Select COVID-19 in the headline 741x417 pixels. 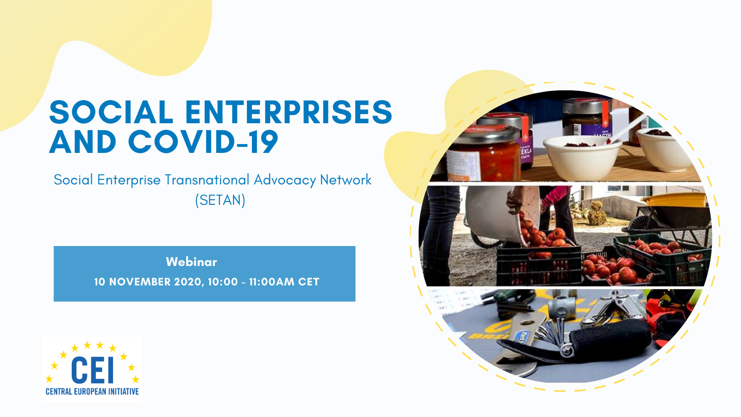(203, 142)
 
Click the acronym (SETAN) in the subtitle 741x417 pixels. (220, 200)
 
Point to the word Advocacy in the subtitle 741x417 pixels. (285, 180)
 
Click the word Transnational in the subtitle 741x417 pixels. (207, 180)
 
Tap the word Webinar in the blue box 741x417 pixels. (192, 262)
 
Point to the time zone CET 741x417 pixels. (308, 282)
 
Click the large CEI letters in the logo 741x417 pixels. (92, 370)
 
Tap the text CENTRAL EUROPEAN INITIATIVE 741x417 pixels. (92, 392)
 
